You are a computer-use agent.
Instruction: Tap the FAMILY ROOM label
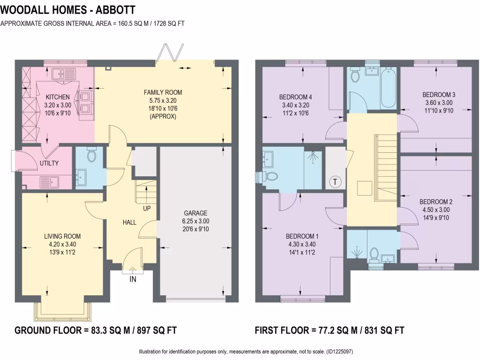point(163,92)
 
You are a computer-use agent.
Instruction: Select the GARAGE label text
point(195,213)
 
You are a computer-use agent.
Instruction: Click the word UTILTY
point(49,163)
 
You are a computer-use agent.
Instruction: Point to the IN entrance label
point(133,279)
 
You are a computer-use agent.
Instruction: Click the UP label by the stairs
point(147,208)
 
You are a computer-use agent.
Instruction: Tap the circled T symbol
point(336,182)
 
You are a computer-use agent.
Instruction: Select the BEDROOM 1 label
point(302,236)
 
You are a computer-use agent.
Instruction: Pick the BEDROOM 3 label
point(439,95)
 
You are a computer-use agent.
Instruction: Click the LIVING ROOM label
point(62,236)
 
